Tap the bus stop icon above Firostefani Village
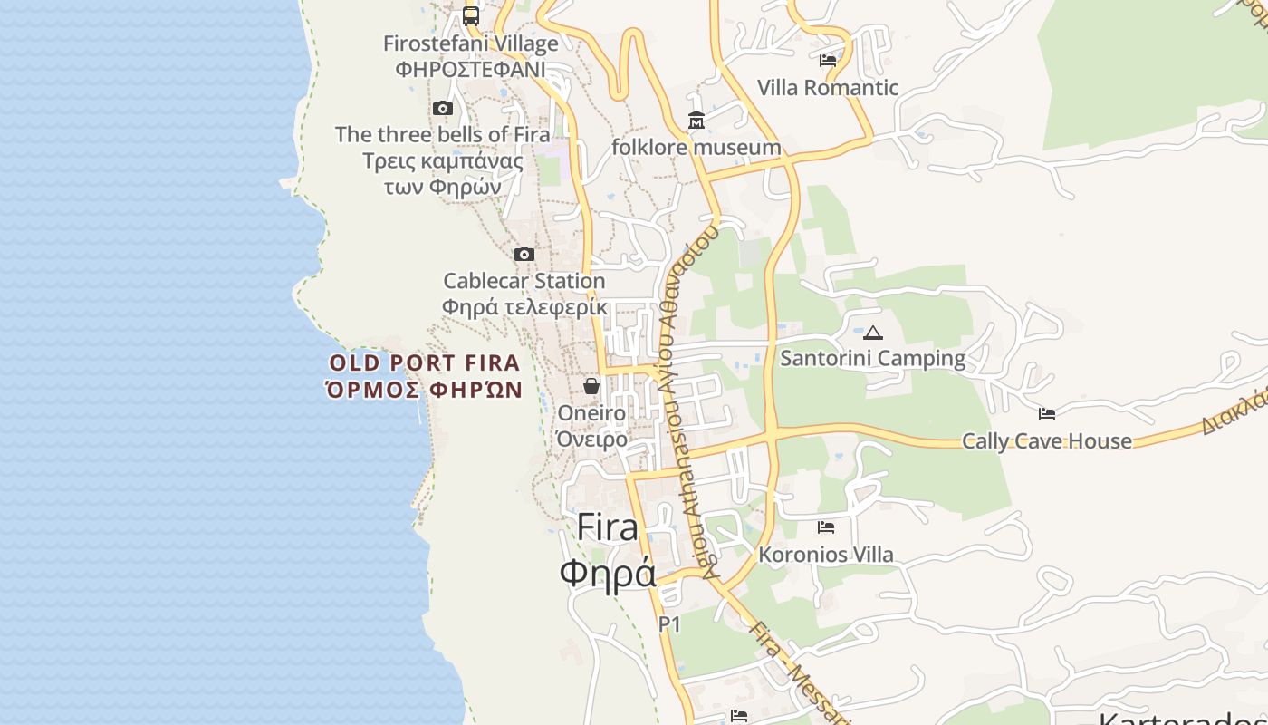[471, 15]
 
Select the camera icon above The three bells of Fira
[443, 109]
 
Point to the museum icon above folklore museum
[696, 121]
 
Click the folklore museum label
[696, 147]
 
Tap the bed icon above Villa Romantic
[827, 61]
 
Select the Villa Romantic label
[828, 88]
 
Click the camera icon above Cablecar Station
[524, 254]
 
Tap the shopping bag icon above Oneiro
[591, 386]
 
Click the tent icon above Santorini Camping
[873, 333]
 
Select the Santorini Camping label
[873, 358]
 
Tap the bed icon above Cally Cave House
[1047, 414]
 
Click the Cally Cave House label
[1047, 441]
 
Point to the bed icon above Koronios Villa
[826, 527]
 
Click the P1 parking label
[669, 623]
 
